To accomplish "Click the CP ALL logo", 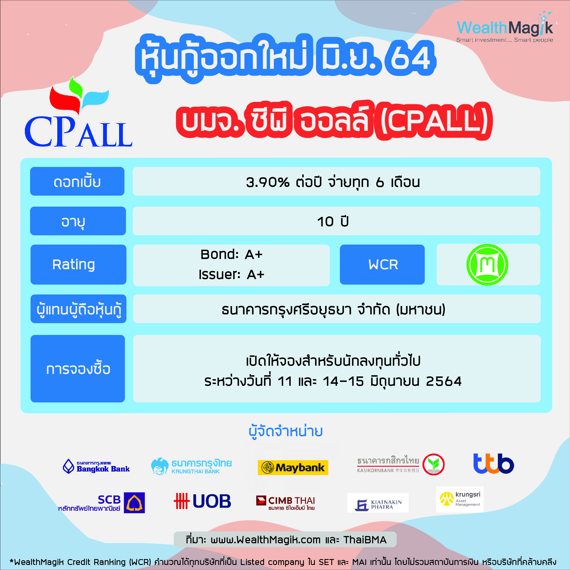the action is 78,112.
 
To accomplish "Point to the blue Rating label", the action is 78,264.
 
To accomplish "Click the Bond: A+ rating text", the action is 231,254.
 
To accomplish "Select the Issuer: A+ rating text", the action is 231,274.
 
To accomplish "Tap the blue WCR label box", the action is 382,264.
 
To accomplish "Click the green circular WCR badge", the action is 487,264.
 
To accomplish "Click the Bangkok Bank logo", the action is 96,466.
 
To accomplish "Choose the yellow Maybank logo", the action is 293,467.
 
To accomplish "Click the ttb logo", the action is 494,464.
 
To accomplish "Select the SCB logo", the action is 101,503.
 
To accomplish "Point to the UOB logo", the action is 202,501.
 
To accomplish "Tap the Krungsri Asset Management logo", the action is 460,499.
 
